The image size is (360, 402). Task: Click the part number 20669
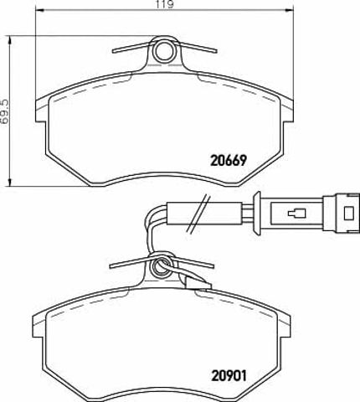tap(229, 160)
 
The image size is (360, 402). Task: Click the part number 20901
tap(229, 375)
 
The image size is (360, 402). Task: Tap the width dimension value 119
tap(165, 4)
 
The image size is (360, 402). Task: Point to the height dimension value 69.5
tap(5, 111)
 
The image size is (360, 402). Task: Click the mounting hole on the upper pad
tap(164, 51)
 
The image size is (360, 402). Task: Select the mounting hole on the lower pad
tap(161, 267)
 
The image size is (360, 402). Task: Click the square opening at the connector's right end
tap(348, 214)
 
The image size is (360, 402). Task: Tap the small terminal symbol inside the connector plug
tap(296, 214)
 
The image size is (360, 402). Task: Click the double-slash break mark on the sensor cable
tap(198, 214)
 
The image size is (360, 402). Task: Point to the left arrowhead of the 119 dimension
tap(40, 10)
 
